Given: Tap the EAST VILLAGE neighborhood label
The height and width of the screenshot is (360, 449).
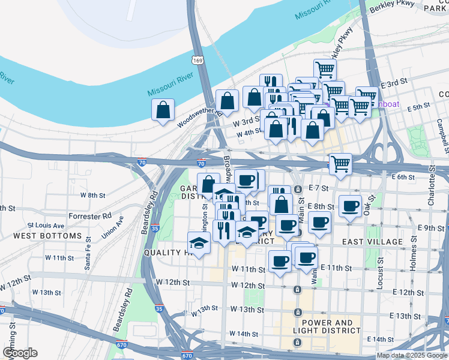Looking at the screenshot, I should coord(372,241).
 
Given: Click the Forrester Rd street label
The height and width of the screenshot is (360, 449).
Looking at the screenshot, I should coord(91,215).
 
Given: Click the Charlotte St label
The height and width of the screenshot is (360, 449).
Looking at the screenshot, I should coord(431,191).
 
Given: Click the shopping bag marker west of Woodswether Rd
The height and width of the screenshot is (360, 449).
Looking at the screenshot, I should coord(163,110).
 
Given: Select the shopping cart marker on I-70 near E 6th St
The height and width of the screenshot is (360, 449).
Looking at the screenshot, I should coord(340,164).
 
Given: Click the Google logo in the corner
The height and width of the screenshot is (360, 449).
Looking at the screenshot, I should coord(19,353).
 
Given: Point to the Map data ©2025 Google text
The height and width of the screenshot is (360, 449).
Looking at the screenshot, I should coord(411,355).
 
